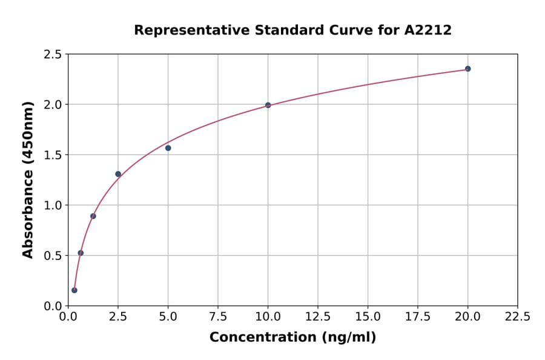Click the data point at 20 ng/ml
coord(467,68)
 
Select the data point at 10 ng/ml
coord(268,105)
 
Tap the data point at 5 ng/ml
coord(168,148)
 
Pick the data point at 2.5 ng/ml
coord(118,174)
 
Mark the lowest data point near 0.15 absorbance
coord(74,290)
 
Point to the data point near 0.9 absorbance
coord(93,216)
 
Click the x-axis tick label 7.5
coord(218,316)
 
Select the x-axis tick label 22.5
coord(517,316)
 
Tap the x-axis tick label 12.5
coord(317,316)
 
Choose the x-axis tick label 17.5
coord(417,316)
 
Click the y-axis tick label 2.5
coord(53,55)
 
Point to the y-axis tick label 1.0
coord(53,205)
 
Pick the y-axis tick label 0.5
coord(53,256)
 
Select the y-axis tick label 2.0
coord(53,105)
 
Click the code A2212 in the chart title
coord(428,30)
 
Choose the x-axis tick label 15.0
coord(368,316)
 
